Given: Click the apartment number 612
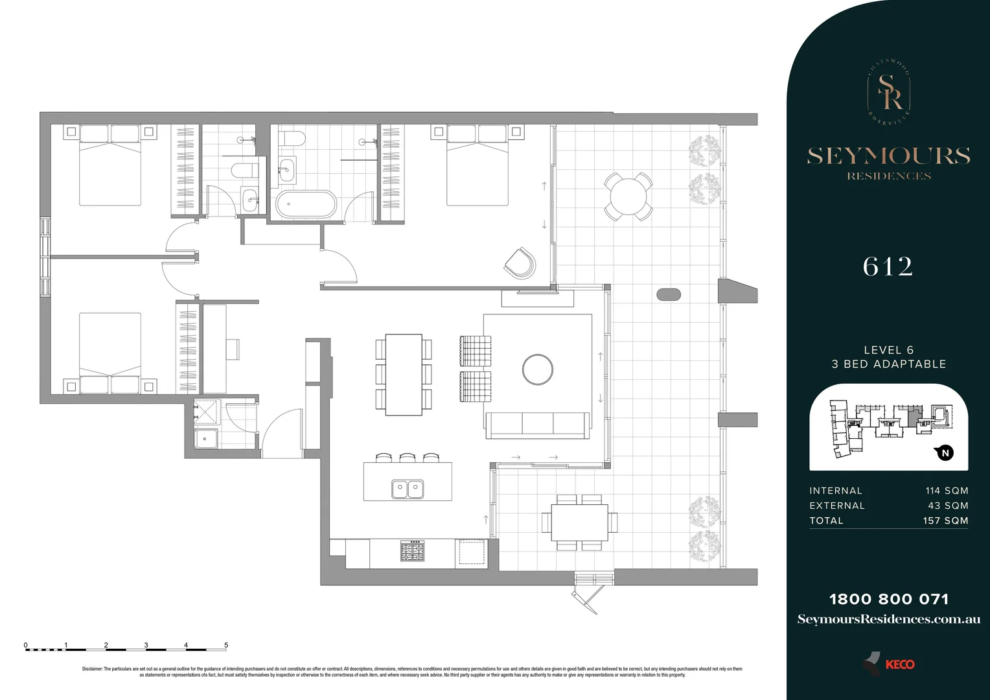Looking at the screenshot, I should coord(888,267).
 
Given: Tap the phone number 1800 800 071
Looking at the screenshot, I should coord(889,600).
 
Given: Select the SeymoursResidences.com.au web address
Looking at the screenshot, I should coord(889,620).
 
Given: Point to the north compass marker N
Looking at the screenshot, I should coord(945,453).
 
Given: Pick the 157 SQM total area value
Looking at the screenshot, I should coord(945,520).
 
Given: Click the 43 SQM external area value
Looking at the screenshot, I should coord(948,506).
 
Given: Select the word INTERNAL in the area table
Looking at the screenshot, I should coord(836,491).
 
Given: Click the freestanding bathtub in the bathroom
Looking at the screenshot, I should coord(306,204).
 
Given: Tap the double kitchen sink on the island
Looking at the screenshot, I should coord(408,489).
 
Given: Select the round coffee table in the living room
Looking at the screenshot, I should coord(538,369).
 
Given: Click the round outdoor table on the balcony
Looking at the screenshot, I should coord(628,196).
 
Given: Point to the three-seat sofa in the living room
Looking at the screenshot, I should coord(538,425).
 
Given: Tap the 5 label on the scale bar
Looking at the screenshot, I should coord(226,646).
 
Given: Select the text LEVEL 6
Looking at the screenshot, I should coord(888,350).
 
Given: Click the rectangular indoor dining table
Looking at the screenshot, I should coord(404,375).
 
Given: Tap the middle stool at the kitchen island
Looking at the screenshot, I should coord(408,458).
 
